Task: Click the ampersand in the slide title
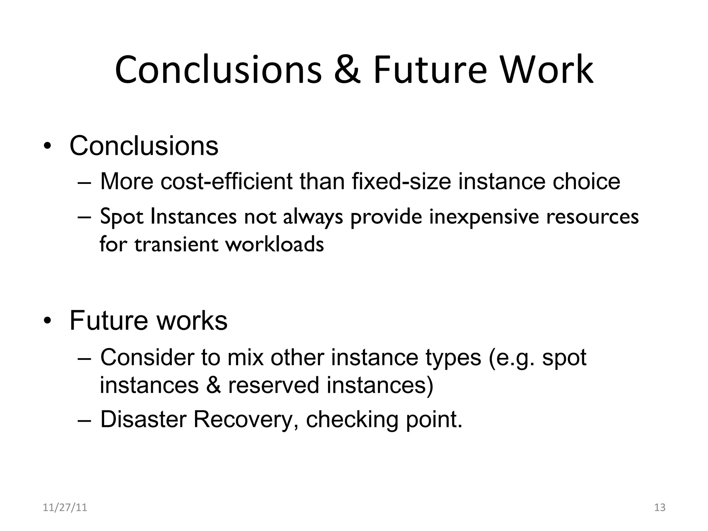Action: click(x=347, y=70)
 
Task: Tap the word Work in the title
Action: click(x=547, y=70)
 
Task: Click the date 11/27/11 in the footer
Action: click(x=65, y=507)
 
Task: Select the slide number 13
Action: click(x=660, y=507)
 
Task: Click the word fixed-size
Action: click(x=401, y=181)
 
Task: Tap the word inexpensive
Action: click(x=484, y=217)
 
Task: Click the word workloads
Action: click(x=275, y=244)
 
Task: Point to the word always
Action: click(x=313, y=217)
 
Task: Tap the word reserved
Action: click(x=273, y=385)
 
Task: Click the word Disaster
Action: click(x=143, y=419)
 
